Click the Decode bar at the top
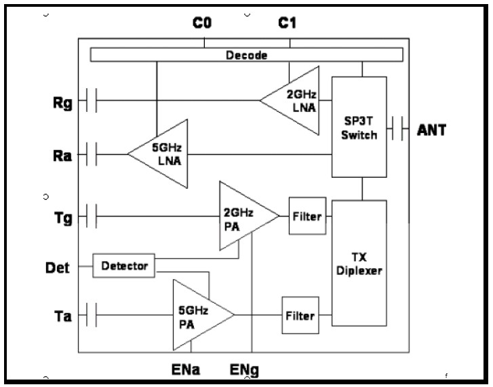(246, 55)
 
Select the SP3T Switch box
(359, 128)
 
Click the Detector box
(124, 265)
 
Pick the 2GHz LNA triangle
(295, 100)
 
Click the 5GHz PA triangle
(199, 314)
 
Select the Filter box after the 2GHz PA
(307, 217)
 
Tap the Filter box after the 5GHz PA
(299, 316)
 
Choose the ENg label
(245, 371)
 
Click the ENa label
(186, 371)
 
